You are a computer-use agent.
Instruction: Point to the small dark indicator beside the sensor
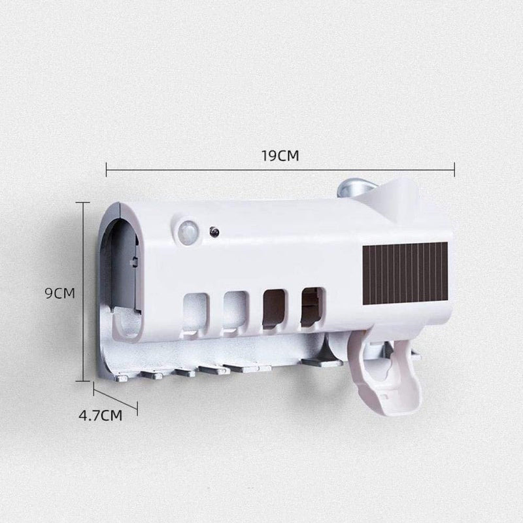[x=214, y=231]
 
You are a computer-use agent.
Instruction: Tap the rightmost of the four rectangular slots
[x=312, y=306]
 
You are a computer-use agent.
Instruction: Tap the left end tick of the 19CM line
[x=106, y=171]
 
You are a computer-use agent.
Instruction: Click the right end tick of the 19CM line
[x=454, y=171]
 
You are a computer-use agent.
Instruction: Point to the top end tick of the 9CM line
[x=84, y=203]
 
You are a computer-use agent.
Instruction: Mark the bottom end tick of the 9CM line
[x=84, y=380]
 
